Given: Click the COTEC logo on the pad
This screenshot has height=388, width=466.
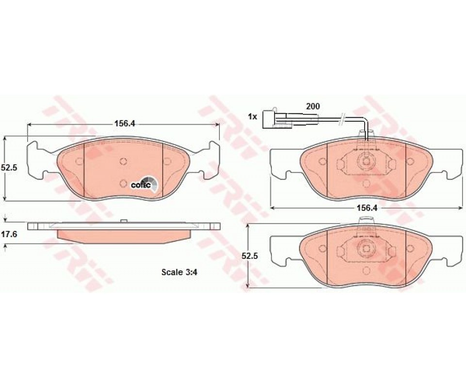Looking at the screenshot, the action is (x=145, y=184).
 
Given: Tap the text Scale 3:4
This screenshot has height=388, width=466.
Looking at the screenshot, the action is (x=179, y=272).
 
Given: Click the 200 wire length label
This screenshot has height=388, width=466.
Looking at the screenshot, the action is (x=313, y=106).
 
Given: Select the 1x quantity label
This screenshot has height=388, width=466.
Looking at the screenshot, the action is (x=252, y=117).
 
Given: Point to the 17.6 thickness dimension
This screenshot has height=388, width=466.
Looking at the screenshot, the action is (x=9, y=234).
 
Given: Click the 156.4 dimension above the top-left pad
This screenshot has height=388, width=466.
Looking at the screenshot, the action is (x=125, y=124).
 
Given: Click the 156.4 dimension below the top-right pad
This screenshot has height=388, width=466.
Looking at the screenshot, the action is (x=366, y=209).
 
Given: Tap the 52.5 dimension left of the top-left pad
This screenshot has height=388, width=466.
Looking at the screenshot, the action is (x=9, y=168).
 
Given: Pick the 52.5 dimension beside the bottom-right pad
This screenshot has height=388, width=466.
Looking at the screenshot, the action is (x=250, y=256).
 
